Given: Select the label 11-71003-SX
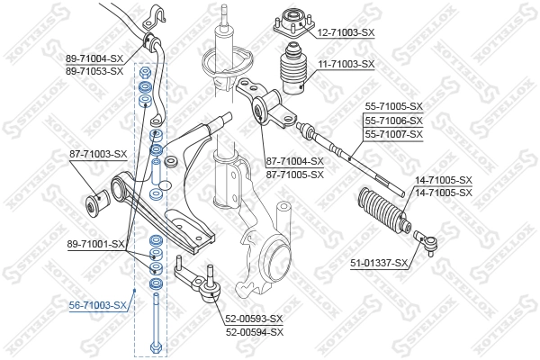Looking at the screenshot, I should (345, 64).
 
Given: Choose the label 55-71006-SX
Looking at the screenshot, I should (393, 120).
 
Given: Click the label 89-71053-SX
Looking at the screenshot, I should (94, 70).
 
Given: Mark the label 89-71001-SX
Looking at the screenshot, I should (94, 243).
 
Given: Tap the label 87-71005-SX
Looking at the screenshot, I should (294, 174).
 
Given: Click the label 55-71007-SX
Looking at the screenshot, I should (393, 133).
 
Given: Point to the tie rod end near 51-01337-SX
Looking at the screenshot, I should (426, 238).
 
